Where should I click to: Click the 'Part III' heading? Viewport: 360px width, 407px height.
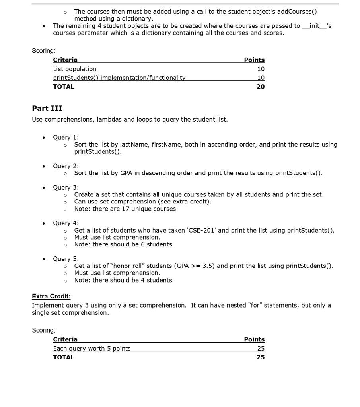47,109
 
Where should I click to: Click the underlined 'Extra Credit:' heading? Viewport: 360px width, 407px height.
51,296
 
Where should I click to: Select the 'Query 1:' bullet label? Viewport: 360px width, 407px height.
66,137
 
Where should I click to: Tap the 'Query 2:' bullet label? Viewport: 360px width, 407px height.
66,166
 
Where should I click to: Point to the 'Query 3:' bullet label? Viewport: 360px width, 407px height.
66,187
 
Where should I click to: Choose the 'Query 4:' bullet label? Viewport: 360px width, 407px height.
66,223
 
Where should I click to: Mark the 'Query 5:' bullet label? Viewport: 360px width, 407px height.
66,259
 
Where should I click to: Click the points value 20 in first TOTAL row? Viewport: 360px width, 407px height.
261,87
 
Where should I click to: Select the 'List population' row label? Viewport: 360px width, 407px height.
74,69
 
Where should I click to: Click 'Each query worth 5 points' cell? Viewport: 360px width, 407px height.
91,349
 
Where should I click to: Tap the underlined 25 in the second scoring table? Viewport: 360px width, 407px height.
261,349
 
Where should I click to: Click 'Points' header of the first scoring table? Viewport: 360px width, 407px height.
254,60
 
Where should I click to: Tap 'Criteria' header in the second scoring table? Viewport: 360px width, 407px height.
65,339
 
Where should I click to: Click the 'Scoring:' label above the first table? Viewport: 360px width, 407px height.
43,51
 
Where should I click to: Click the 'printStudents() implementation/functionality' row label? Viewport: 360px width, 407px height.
119,78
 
